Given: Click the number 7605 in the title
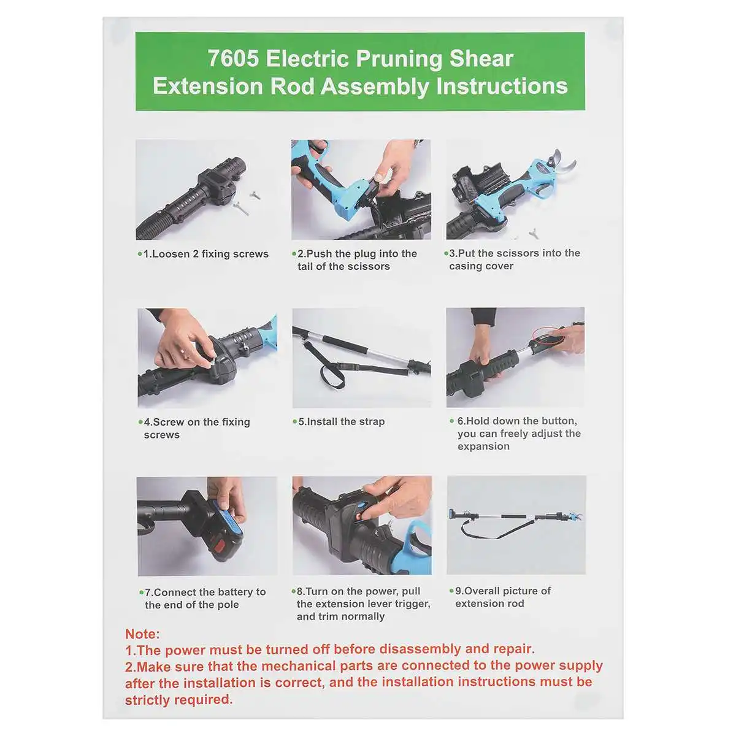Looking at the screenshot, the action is pyautogui.click(x=233, y=59).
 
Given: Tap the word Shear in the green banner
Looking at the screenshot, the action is pyautogui.click(x=481, y=59).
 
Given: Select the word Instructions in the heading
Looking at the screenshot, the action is pyautogui.click(x=502, y=86).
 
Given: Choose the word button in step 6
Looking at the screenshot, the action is pyautogui.click(x=558, y=421).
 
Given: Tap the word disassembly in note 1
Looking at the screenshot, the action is pyautogui.click(x=420, y=648).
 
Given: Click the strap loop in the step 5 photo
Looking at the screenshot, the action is pyautogui.click(x=332, y=375).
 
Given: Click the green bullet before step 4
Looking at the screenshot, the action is pyautogui.click(x=140, y=422).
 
